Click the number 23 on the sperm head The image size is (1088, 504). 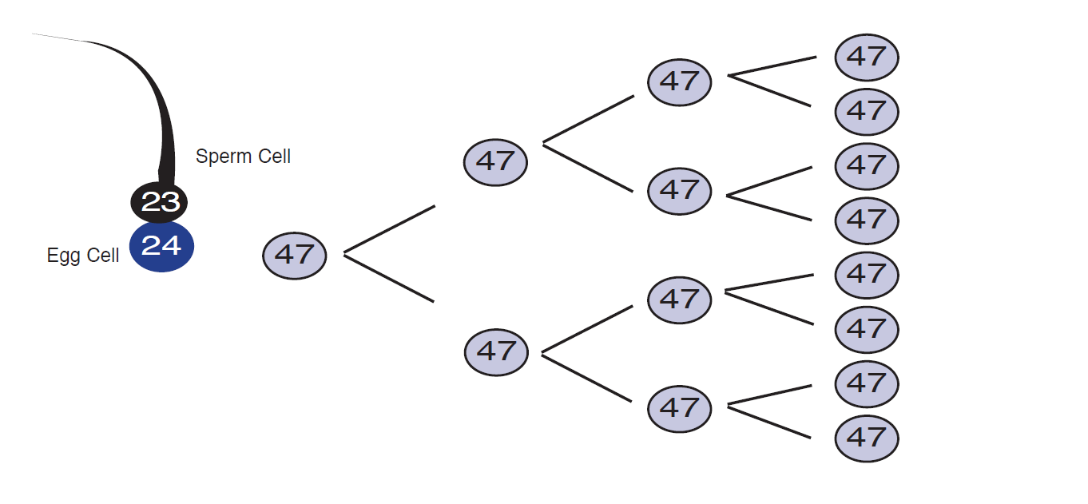(x=161, y=201)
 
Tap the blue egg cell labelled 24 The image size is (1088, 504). (x=161, y=247)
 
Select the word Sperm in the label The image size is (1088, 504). (x=224, y=157)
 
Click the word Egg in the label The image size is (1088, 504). (x=64, y=256)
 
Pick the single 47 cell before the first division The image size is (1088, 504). (x=295, y=256)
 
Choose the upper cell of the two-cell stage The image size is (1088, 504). (x=495, y=162)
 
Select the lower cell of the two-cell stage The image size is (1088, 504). (x=496, y=352)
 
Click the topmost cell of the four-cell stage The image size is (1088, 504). (x=680, y=82)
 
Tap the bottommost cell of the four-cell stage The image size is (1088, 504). (x=680, y=409)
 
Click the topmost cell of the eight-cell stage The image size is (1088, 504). (x=867, y=58)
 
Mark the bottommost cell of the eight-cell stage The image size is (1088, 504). (x=867, y=439)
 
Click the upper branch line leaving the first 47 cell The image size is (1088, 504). (x=390, y=229)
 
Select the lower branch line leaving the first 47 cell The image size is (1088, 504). (x=389, y=278)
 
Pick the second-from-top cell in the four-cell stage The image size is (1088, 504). (x=680, y=191)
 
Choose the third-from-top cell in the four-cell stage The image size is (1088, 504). (x=680, y=300)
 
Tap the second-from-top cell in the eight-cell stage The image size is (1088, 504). (x=867, y=112)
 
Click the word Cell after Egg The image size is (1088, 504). (x=102, y=255)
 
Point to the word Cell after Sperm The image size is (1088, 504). (x=275, y=157)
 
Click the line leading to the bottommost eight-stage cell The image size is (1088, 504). (x=769, y=422)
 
